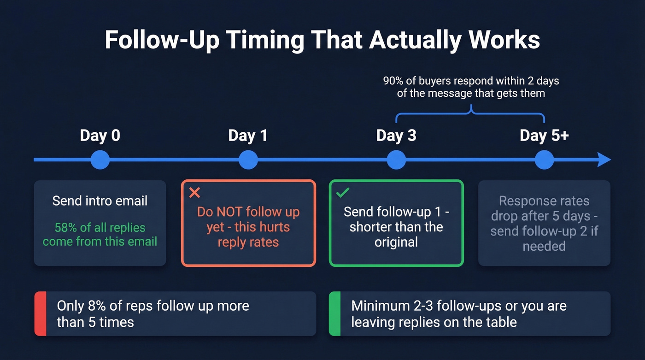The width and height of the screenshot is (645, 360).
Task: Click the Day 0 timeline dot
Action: (100, 160)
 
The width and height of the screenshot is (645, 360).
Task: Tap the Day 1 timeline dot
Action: (248, 160)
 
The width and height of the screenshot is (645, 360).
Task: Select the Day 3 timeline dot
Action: (396, 160)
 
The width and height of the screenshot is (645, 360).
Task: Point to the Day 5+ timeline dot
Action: (544, 160)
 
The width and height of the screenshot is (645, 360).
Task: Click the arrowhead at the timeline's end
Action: (604, 160)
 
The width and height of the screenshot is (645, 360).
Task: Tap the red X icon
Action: (194, 193)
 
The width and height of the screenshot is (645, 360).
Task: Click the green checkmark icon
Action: (342, 193)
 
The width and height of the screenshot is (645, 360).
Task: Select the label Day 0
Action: (100, 136)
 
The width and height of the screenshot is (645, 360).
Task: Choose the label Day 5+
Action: (544, 136)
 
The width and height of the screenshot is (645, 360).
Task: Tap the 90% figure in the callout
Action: (393, 81)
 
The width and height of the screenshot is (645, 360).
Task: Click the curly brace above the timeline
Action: (470, 113)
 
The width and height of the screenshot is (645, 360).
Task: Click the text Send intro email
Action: (100, 201)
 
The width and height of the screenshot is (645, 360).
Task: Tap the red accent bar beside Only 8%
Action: (41, 313)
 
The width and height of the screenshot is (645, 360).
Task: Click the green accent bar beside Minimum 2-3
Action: (334, 313)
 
